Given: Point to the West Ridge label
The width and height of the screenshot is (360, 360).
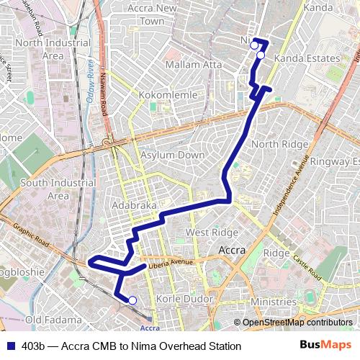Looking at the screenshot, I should coord(212,233).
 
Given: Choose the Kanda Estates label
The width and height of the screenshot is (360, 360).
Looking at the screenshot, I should coord(307,58).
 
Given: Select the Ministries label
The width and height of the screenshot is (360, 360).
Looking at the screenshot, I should coord(274,302).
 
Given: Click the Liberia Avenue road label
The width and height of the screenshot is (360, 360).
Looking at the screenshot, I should coord(171,264).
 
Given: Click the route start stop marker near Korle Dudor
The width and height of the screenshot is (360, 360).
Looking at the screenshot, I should coord(132,300).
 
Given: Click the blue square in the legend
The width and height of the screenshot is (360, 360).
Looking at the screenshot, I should coord(9,346).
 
